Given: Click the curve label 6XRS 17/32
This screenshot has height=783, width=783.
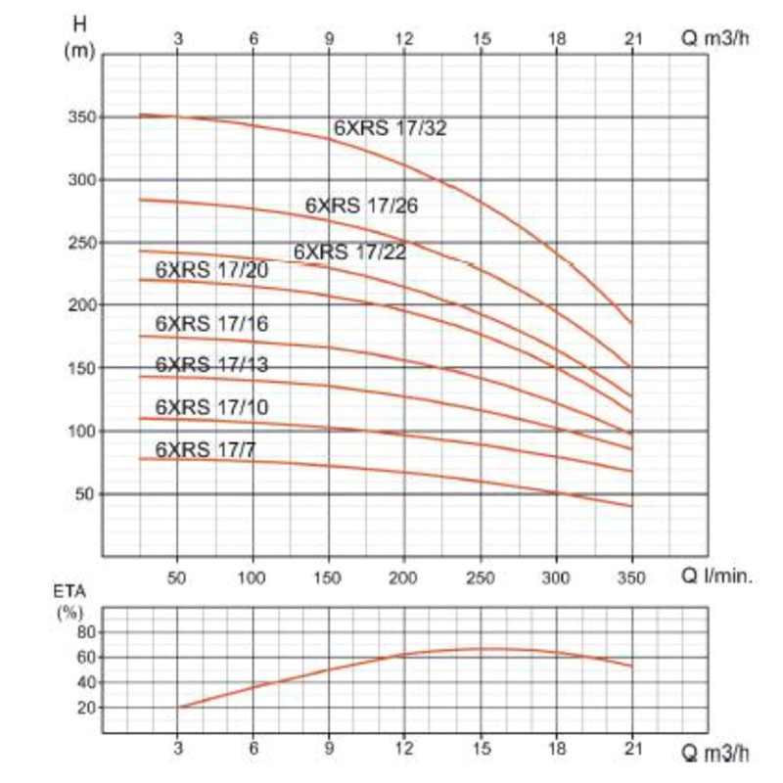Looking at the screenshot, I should pos(391,127).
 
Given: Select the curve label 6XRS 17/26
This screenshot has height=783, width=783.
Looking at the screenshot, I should pos(362,207).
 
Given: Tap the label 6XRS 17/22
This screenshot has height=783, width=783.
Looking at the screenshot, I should pos(349,253).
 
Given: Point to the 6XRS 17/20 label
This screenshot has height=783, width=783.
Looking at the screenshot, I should pos(211,271).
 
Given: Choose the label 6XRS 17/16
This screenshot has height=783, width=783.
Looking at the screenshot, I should pos(211,324).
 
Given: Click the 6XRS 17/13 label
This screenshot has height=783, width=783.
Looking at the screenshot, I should pos(211,365).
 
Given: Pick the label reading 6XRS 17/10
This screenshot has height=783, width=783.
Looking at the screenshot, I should pos(211,407).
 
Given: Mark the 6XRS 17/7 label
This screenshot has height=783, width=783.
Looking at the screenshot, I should pos(205,449).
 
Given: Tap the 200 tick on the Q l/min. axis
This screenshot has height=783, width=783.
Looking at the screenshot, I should pos(404,577).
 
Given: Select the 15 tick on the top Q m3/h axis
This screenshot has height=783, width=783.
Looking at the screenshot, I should pos(481,39).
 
